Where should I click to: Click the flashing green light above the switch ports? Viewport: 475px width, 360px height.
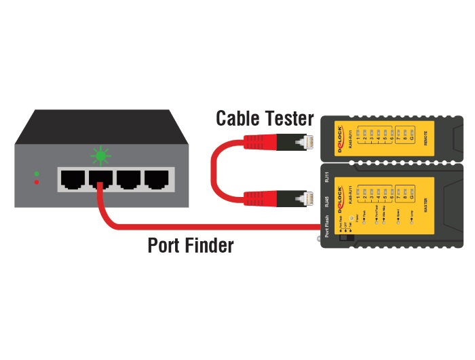101,156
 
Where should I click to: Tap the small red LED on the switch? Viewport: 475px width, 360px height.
37,182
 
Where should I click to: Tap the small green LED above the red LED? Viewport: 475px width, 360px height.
37,174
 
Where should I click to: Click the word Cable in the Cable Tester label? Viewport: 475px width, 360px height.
237,119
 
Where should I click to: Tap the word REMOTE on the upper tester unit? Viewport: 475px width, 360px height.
425,139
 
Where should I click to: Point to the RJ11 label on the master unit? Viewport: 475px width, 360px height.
326,179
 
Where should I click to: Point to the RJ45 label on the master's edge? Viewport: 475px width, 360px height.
326,202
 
